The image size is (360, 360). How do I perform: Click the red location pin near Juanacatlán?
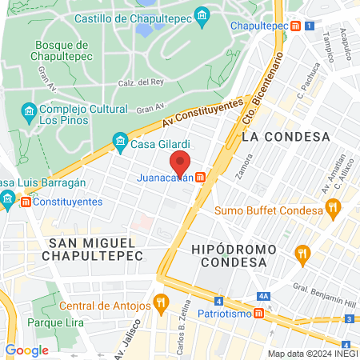pos(181,162)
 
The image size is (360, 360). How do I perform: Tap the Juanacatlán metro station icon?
pos(201,178)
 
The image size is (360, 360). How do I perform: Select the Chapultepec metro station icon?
pos(297,26)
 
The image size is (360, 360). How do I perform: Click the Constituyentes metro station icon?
pos(26,202)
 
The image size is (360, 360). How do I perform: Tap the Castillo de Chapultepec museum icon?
pos(202,16)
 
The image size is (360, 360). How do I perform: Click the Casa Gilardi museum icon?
pos(120,144)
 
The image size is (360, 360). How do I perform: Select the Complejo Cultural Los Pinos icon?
pos(29,110)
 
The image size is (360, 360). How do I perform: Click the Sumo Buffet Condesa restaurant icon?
pos(334,210)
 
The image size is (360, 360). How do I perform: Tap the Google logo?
pos(26,350)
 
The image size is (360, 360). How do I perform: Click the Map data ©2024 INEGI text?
pos(311,354)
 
